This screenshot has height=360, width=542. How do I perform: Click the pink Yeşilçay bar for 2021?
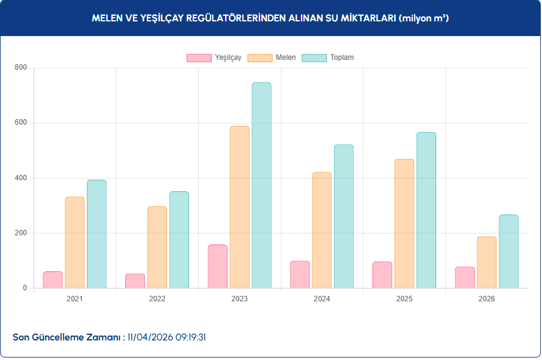[53, 280]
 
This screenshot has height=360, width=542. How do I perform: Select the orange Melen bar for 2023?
[239, 207]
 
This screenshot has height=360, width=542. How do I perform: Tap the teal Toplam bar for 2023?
[261, 185]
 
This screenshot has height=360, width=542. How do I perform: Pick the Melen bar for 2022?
[157, 247]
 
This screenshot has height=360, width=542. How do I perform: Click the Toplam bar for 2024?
[344, 216]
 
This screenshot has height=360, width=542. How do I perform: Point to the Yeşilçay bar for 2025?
[382, 275]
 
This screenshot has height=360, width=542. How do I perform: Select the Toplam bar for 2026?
[508, 251]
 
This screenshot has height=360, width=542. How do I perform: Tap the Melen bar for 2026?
[486, 262]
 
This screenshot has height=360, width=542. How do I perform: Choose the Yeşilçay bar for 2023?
[218, 266]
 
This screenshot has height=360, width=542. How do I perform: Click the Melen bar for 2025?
[404, 224]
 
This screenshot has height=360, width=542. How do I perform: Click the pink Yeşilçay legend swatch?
[199, 57]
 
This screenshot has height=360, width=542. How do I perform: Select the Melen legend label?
[286, 57]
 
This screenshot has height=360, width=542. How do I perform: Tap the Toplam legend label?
[342, 57]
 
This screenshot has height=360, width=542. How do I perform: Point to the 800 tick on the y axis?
[21, 68]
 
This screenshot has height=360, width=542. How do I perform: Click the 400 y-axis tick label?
[21, 178]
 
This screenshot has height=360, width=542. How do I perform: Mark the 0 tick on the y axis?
[24, 288]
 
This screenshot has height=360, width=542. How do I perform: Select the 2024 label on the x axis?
[322, 299]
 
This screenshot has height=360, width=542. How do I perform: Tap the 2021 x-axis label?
[75, 299]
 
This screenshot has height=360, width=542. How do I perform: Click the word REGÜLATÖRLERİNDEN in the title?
[239, 18]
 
